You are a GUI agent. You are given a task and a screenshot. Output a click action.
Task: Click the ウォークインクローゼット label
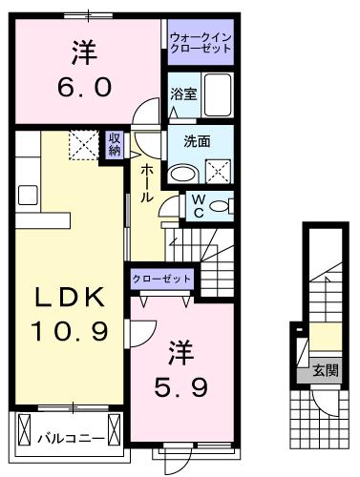tap(200, 43)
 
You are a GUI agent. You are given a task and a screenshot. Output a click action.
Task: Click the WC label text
tap(197, 205)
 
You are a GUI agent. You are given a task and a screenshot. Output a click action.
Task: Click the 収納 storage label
tap(114, 146)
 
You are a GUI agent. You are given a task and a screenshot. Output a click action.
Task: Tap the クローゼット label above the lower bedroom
tap(162, 280)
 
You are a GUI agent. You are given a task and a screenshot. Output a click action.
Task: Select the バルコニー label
tap(66, 442)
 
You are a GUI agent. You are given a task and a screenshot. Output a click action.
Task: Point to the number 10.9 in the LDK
tap(66, 332)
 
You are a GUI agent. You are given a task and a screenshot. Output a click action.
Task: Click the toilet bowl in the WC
tap(219, 205)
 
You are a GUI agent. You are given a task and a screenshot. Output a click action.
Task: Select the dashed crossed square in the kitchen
tap(82, 146)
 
